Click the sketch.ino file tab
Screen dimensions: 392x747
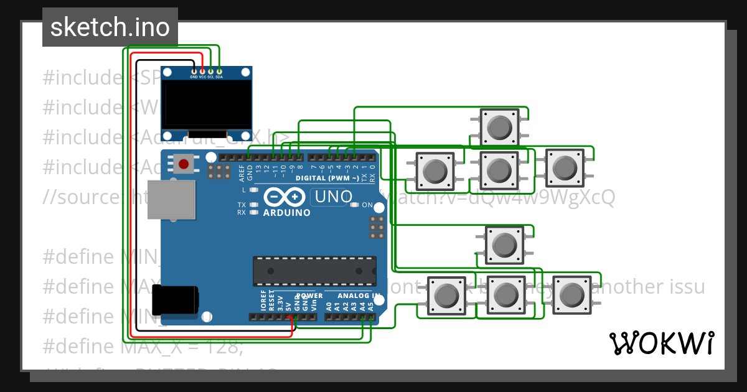click(110, 27)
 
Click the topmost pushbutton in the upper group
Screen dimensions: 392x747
click(499, 127)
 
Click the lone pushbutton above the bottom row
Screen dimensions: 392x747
click(504, 245)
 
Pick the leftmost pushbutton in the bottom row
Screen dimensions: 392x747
click(446, 295)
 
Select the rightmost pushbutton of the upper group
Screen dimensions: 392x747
click(565, 167)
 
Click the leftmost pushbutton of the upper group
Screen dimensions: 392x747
click(435, 170)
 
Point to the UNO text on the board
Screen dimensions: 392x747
click(333, 197)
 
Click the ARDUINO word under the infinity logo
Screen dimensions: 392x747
click(286, 212)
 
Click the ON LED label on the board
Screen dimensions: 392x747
click(367, 205)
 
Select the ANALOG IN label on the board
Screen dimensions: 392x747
click(358, 296)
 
